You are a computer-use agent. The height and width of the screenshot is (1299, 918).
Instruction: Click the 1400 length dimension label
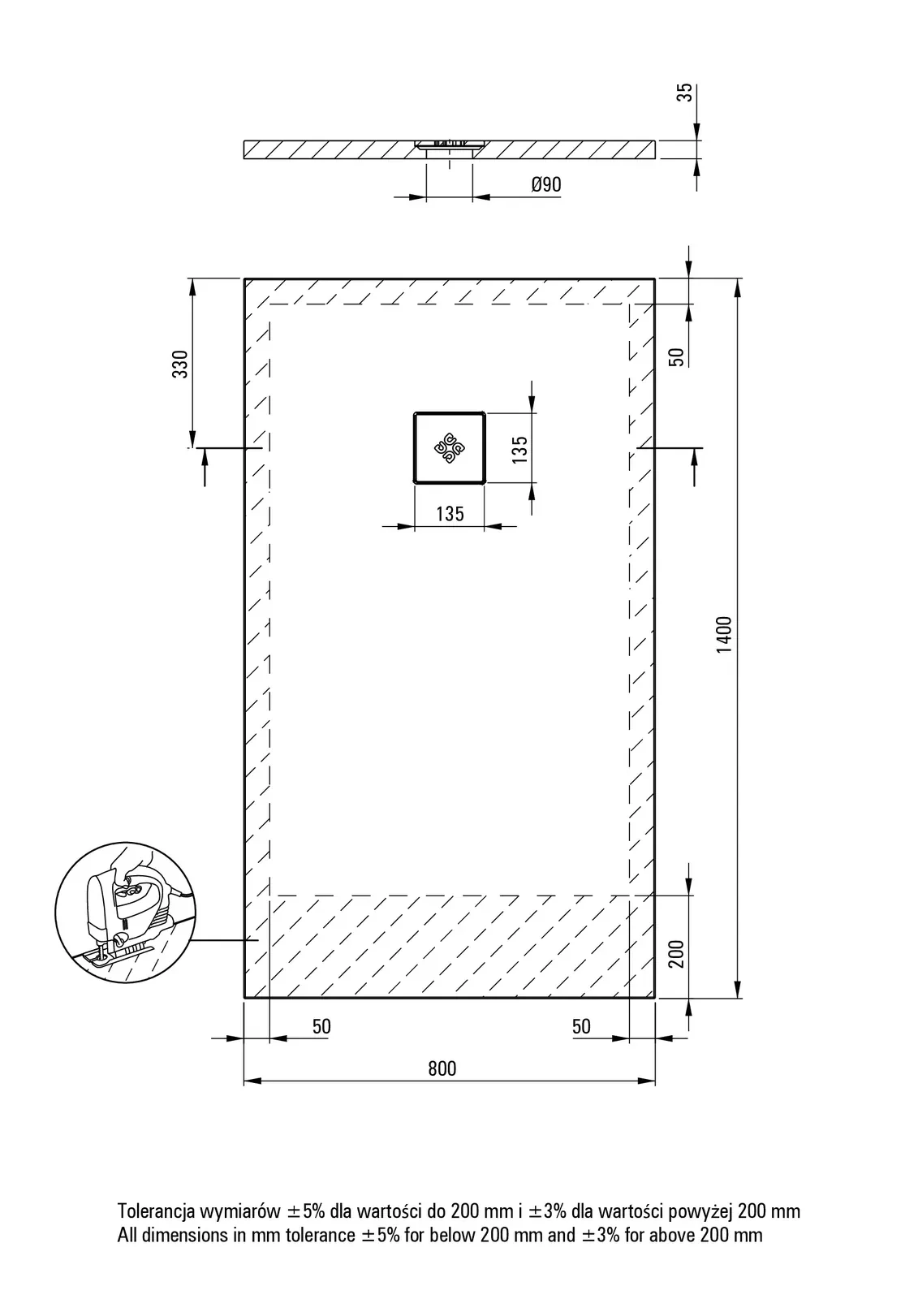pos(724,635)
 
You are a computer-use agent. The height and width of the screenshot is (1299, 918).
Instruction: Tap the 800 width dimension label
pos(442,1068)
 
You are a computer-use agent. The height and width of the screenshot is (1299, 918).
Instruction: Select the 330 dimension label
pos(180,365)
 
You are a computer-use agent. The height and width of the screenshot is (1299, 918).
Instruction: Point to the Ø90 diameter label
pos(546,184)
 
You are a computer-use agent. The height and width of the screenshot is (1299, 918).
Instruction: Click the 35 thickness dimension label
pos(685,93)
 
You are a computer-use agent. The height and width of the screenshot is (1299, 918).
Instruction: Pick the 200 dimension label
pos(676,954)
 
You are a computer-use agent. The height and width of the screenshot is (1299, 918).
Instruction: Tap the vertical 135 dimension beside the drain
pos(519,450)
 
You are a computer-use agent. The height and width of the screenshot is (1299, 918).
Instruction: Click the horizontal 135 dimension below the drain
pos(450,514)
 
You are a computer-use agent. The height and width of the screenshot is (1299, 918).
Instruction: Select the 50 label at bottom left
pos(322,1026)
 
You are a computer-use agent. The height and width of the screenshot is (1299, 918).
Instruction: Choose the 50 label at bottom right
pos(581,1026)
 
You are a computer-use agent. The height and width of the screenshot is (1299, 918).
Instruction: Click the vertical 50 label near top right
pos(676,356)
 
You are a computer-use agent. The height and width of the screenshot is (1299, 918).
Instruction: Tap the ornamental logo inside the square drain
pos(450,447)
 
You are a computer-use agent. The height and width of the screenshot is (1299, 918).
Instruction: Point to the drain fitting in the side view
pos(450,147)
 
